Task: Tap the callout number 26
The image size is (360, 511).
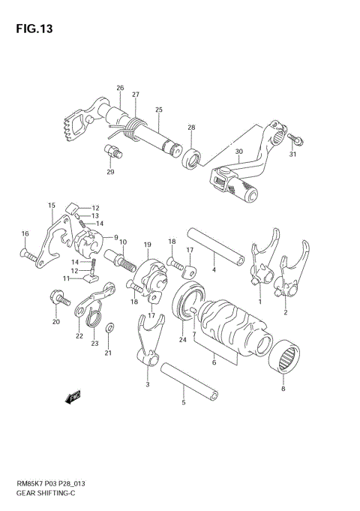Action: (x=119, y=89)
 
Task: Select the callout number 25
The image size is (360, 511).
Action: (x=158, y=110)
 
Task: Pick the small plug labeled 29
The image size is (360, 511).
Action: (x=115, y=154)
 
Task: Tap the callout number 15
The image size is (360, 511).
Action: (x=51, y=205)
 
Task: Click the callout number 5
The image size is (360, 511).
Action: (x=183, y=402)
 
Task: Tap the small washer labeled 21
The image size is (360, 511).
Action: (x=111, y=328)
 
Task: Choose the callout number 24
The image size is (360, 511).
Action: (x=182, y=340)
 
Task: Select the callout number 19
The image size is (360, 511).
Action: (x=148, y=245)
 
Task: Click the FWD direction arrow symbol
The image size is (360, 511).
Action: (x=73, y=398)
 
